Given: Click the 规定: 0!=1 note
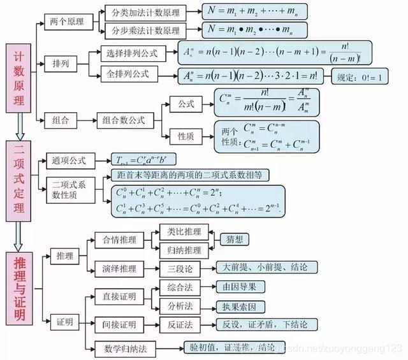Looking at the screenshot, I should (x=361, y=77).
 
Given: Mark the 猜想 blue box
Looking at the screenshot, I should (x=231, y=240).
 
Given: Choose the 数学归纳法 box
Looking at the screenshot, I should (x=124, y=348).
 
